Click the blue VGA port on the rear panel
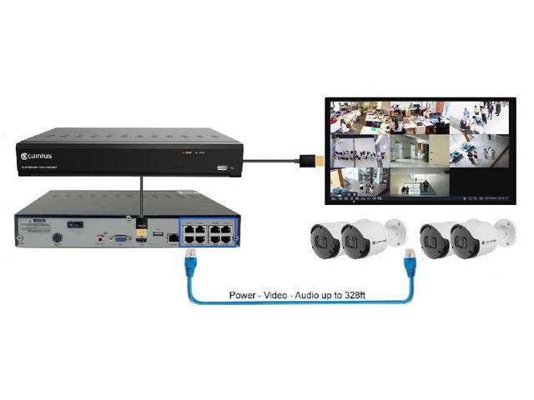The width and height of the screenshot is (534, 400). coord(122,238)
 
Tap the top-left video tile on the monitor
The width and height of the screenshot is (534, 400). coord(358,118)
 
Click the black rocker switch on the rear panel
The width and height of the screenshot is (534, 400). coord(75,225)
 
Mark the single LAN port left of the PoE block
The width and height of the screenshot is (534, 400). coord(170,237)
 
